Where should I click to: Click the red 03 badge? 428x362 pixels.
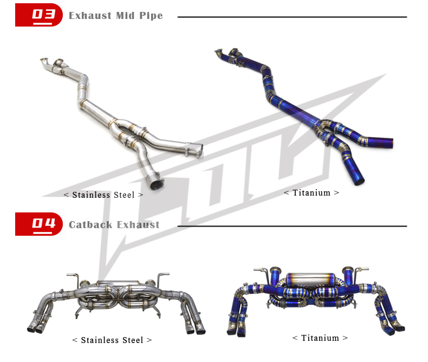(x=39, y=15)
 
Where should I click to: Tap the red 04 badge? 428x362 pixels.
(x=39, y=224)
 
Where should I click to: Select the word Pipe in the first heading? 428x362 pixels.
(x=151, y=16)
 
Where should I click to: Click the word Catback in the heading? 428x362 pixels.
(x=90, y=225)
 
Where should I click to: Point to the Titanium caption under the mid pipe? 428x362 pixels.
(x=312, y=193)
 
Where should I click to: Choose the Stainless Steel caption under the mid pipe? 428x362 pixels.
(x=103, y=195)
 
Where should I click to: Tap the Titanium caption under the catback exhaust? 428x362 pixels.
(x=320, y=338)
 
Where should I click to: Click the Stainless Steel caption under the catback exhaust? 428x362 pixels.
(x=112, y=340)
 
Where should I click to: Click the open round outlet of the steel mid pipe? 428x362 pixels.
(x=157, y=185)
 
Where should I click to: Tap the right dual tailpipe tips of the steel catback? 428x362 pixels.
(x=196, y=328)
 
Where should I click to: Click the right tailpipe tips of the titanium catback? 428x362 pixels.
(x=395, y=328)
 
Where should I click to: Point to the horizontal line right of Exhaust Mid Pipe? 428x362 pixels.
(x=292, y=17)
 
